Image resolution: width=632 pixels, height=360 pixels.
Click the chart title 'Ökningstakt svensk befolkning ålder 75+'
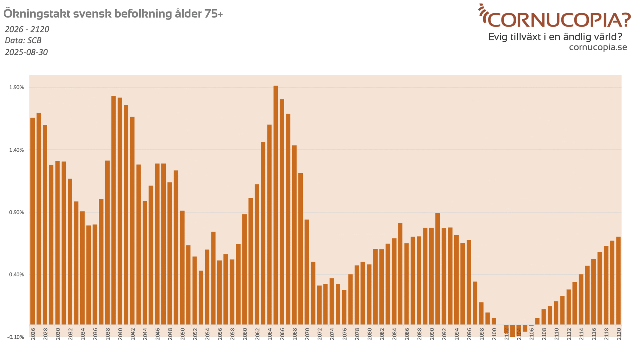click(113, 14)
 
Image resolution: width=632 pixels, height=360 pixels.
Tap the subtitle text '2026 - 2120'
click(27, 29)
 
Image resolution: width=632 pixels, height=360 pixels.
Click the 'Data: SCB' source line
click(23, 40)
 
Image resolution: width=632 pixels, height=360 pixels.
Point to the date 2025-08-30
click(27, 52)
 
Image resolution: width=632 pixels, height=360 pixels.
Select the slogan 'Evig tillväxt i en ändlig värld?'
click(555, 37)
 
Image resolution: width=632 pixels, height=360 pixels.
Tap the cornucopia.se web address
click(598, 47)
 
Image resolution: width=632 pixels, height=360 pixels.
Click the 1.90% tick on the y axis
click(17, 87)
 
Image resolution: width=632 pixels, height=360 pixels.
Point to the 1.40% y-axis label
click(17, 150)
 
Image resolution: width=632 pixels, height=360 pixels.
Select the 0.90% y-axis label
click(17, 212)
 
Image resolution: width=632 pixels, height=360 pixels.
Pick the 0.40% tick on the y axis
click(17, 275)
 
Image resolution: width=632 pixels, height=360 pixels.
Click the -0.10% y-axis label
click(16, 337)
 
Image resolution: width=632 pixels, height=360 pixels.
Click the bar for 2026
click(33, 221)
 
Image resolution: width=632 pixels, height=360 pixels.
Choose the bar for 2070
click(307, 272)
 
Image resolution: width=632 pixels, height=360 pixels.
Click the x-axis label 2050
click(182, 334)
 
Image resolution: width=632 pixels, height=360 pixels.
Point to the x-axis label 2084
click(394, 334)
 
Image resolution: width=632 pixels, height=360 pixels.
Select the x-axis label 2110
click(556, 334)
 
